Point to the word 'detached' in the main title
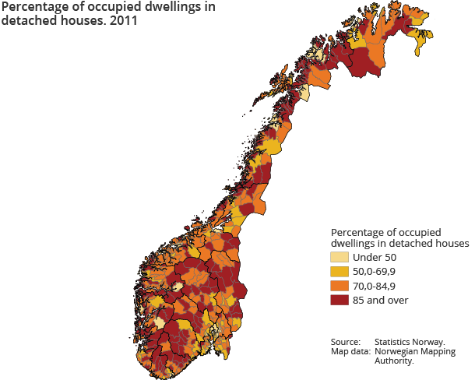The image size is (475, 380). (26, 21)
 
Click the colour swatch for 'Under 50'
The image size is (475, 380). (339, 258)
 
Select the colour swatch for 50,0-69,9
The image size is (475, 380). (339, 272)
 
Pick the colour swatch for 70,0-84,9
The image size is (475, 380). (339, 286)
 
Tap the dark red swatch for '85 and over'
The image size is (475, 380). (339, 300)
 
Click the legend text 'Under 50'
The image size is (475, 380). (375, 258)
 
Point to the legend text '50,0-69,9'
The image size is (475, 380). (375, 272)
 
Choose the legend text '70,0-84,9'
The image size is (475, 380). (375, 286)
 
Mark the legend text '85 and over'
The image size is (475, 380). (380, 300)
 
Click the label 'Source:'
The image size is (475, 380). (345, 342)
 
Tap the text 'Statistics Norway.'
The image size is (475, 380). (410, 342)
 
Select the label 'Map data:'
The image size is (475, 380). (349, 351)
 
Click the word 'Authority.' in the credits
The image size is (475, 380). (394, 361)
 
